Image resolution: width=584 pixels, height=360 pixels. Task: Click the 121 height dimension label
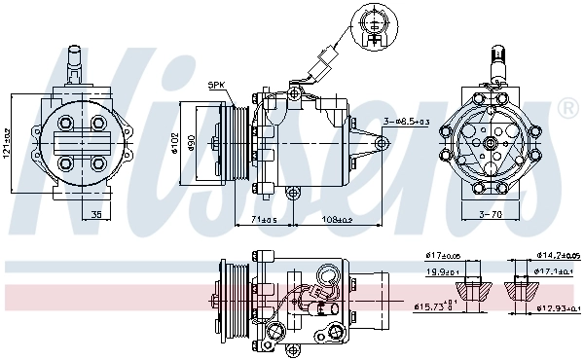coord(7,144)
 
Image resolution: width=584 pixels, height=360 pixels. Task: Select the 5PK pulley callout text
coord(215,86)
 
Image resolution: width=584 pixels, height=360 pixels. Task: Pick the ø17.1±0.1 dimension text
coord(557,273)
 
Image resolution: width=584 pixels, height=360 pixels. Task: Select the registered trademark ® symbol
coord(567,106)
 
